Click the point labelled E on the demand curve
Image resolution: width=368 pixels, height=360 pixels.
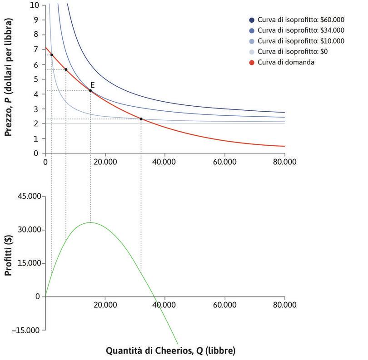tap(90, 91)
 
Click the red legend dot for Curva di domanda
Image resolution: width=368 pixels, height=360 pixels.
tap(252, 62)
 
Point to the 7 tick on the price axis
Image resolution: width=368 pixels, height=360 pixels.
tap(36, 49)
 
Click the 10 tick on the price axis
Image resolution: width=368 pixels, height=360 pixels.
tap(35, 5)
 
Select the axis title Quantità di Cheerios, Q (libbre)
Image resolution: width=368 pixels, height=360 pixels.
tap(171, 350)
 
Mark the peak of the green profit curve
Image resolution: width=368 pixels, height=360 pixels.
tap(90, 222)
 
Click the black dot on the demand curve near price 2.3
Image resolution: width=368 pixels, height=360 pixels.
tap(141, 119)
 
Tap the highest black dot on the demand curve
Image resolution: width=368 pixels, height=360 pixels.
tap(51, 55)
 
